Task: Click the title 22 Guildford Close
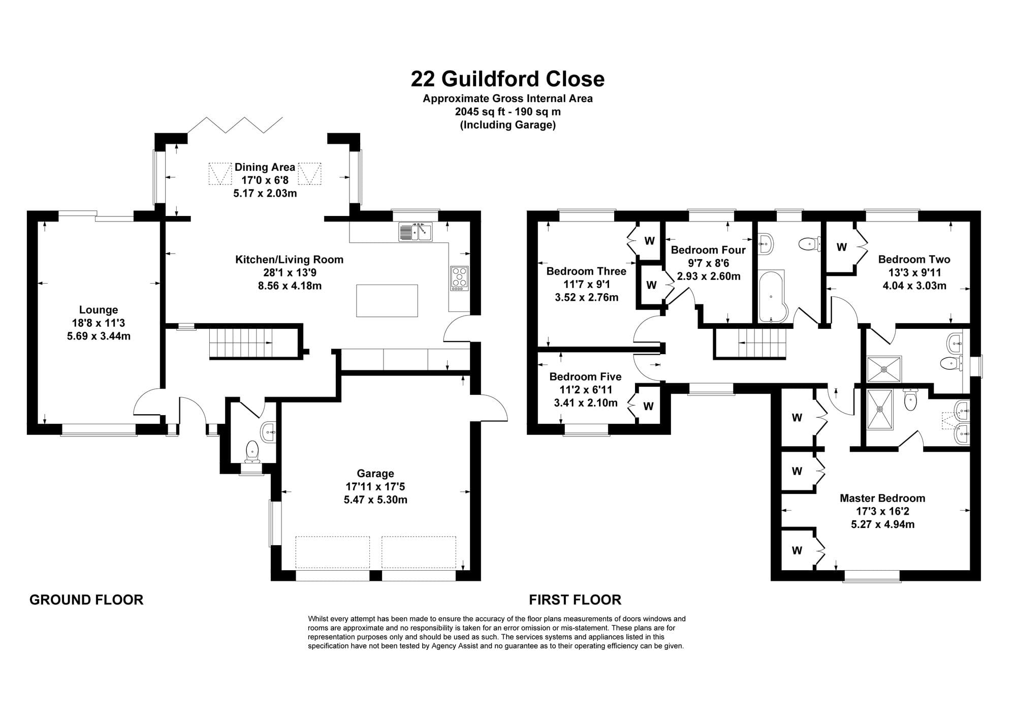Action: pyautogui.click(x=507, y=79)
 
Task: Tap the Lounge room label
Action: pyautogui.click(x=99, y=310)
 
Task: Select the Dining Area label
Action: pyautogui.click(x=265, y=167)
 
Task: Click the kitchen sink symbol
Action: pyautogui.click(x=416, y=232)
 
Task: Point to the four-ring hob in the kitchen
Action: pyautogui.click(x=459, y=278)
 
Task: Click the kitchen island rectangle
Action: pyautogui.click(x=387, y=301)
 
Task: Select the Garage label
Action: pyautogui.click(x=375, y=474)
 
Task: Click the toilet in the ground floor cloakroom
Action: pyautogui.click(x=252, y=452)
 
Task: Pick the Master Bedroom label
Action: pyautogui.click(x=882, y=498)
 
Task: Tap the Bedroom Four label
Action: pyautogui.click(x=708, y=250)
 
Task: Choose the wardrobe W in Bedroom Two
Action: pyautogui.click(x=842, y=247)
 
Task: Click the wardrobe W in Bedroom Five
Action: pyautogui.click(x=649, y=406)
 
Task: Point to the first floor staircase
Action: pyautogui.click(x=750, y=343)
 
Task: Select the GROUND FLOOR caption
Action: pyautogui.click(x=86, y=600)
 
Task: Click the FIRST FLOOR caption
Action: pyautogui.click(x=575, y=600)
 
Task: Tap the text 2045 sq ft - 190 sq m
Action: pyautogui.click(x=508, y=112)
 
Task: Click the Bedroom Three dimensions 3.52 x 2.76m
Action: pyautogui.click(x=587, y=297)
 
